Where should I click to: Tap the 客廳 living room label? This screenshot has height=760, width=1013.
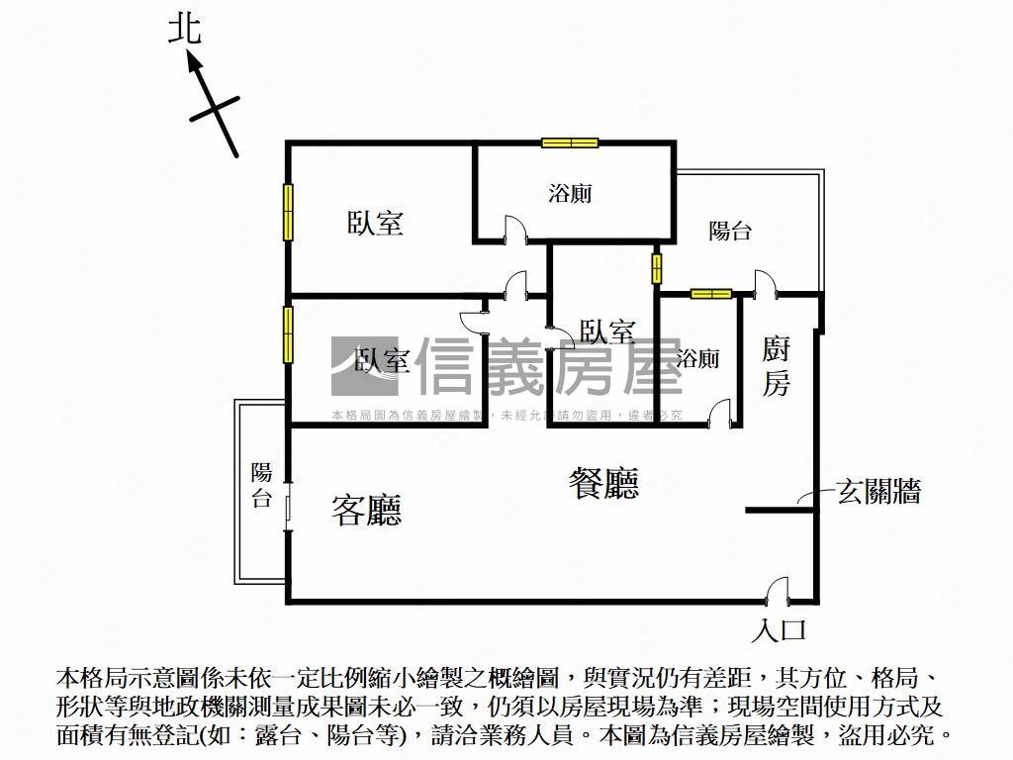[x=366, y=510]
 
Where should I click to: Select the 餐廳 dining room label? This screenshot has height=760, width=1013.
[x=603, y=483]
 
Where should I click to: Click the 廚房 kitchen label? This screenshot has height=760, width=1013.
[x=777, y=365]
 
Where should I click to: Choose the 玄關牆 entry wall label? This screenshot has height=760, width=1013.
[x=879, y=491]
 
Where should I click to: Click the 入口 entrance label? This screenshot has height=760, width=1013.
[x=781, y=629]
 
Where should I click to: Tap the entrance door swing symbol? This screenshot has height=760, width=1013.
[x=778, y=591]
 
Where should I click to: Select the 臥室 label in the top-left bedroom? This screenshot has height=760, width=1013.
[x=375, y=224]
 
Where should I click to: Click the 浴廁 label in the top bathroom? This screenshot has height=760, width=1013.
[x=570, y=193]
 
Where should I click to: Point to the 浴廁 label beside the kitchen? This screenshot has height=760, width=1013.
[x=698, y=358]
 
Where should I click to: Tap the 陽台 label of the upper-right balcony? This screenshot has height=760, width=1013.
[x=730, y=232]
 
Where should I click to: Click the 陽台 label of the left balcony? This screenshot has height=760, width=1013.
[x=261, y=485]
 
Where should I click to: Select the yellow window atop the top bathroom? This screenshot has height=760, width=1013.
[x=570, y=142]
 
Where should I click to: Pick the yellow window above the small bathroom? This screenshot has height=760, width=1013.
[x=710, y=293]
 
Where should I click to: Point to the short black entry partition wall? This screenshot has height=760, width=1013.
[x=781, y=511]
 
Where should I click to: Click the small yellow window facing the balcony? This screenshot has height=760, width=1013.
[x=656, y=268]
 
